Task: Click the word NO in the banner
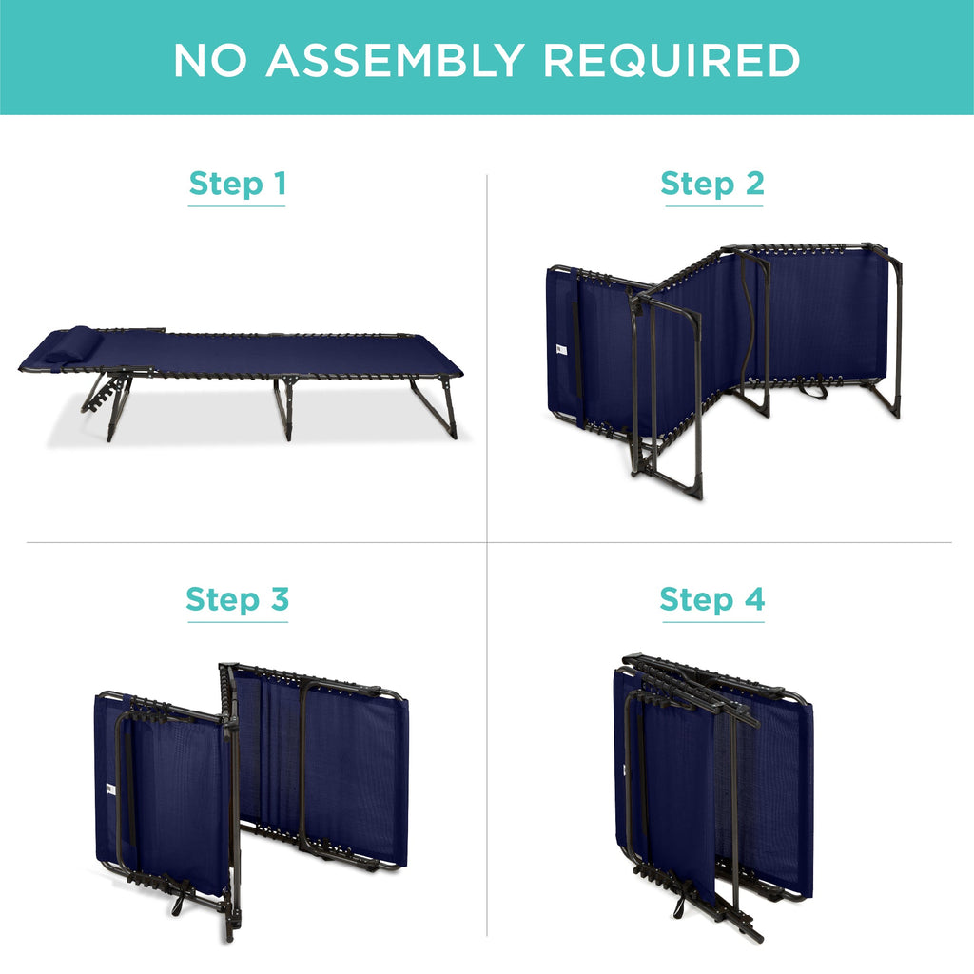pos(210,60)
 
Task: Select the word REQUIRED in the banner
pos(672,60)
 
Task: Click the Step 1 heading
pos(237,184)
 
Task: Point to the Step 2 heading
pos(712,184)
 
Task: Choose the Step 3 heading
pos(237,599)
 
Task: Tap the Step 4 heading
pos(711,599)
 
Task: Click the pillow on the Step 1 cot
pos(68,345)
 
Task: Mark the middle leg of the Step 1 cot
pos(284,407)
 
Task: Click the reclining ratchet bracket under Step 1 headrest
pos(103,395)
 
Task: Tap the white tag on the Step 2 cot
pos(561,350)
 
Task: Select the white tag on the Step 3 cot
pos(111,789)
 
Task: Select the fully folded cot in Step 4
pos(713,796)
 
